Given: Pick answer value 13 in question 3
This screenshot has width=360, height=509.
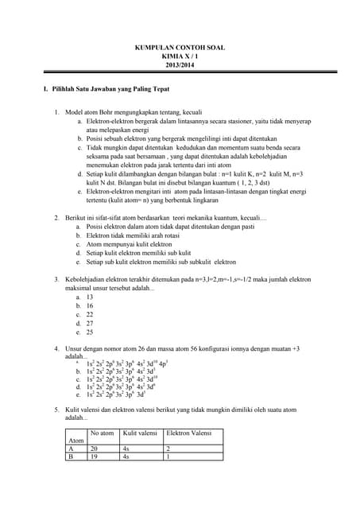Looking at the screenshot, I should (x=90, y=297).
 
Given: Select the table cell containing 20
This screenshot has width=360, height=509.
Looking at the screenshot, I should (x=97, y=449).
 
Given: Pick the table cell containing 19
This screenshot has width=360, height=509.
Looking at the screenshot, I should (x=97, y=457).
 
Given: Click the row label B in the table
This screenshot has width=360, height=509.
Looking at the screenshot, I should (x=72, y=457).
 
